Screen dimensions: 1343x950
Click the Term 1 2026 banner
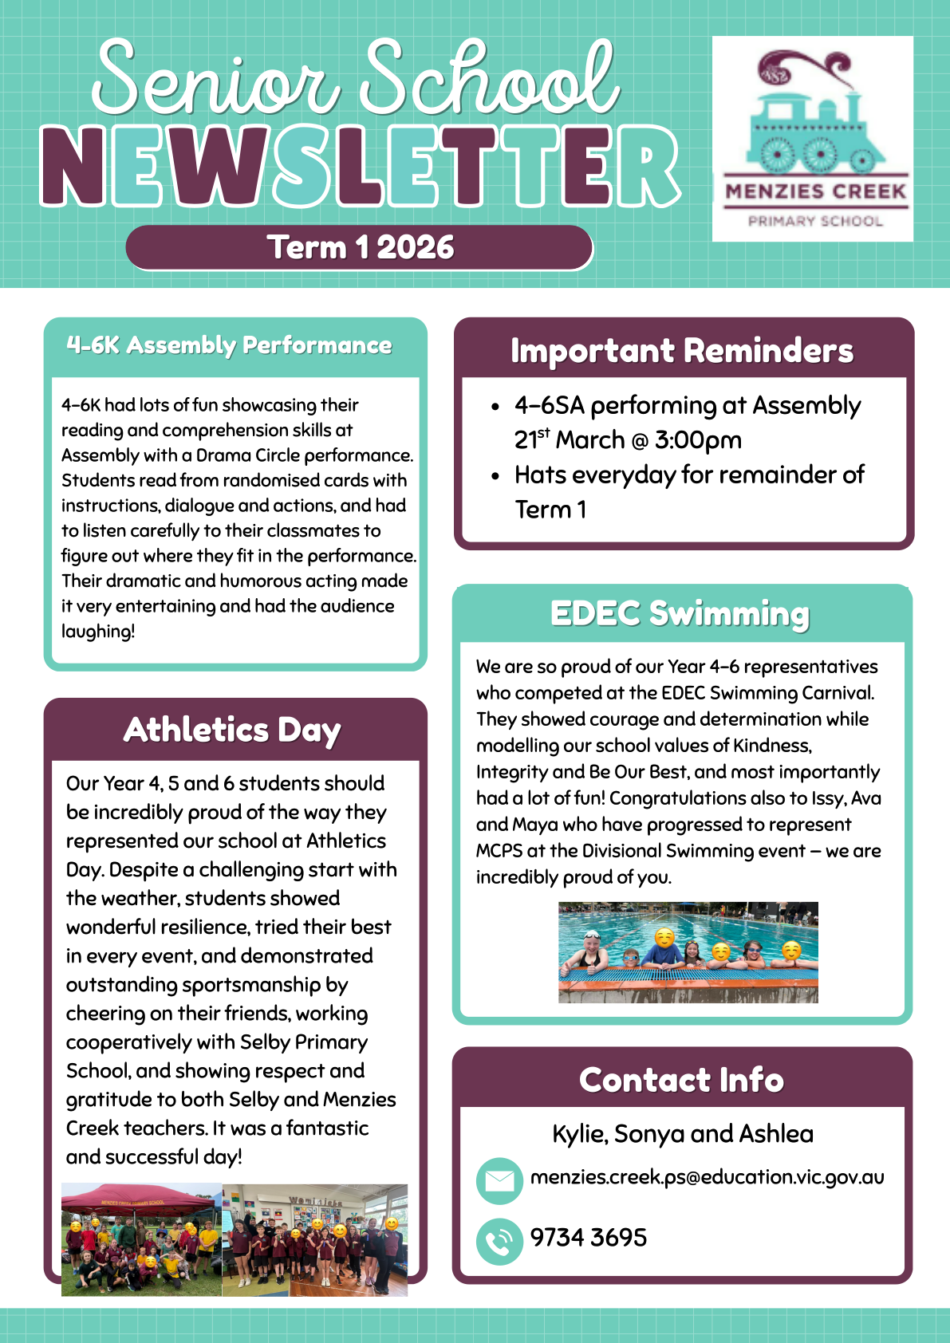click(x=360, y=247)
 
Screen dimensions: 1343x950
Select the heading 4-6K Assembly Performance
click(x=230, y=345)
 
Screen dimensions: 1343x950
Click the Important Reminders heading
click(x=682, y=351)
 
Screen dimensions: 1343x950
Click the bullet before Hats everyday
click(x=495, y=477)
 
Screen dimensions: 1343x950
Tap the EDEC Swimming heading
click(x=680, y=614)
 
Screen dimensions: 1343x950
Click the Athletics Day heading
click(x=233, y=730)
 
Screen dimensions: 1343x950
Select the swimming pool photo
click(x=688, y=951)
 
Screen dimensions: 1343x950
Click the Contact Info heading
click(x=682, y=1080)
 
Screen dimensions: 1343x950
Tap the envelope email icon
click(x=499, y=1180)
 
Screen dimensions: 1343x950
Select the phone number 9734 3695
click(x=589, y=1238)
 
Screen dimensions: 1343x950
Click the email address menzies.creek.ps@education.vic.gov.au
click(x=707, y=1177)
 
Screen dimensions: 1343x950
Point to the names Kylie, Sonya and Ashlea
click(x=683, y=1133)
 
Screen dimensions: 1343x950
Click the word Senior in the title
click(x=215, y=80)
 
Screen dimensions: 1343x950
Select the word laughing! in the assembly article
click(x=98, y=632)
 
